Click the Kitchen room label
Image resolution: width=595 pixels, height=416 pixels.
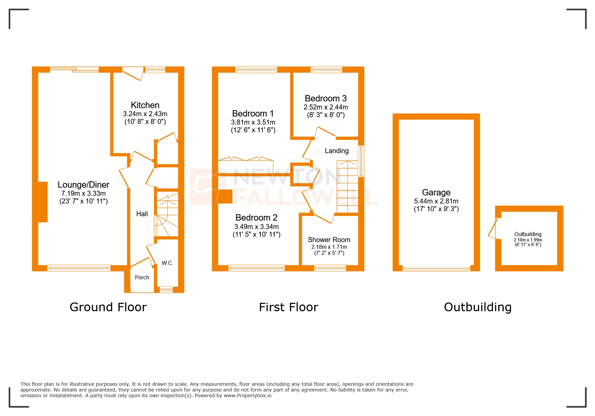click(145, 105)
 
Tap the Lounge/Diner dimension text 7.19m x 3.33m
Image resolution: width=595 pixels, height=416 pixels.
click(83, 193)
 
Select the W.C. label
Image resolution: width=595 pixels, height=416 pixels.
click(167, 263)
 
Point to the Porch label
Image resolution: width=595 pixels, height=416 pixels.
click(142, 277)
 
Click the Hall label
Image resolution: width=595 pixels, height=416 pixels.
click(142, 214)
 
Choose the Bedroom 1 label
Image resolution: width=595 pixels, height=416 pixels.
click(253, 113)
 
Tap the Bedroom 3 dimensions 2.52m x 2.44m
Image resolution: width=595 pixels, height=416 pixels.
click(326, 107)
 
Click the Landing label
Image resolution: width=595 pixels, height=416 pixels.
click(337, 151)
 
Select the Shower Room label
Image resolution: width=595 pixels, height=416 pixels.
click(329, 240)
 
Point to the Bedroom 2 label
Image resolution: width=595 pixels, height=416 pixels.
click(256, 218)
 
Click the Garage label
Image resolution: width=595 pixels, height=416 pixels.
click(436, 192)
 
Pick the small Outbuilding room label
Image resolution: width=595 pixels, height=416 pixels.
click(528, 234)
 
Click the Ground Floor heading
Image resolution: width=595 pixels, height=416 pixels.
click(108, 307)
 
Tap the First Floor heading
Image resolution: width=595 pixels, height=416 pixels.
click(288, 307)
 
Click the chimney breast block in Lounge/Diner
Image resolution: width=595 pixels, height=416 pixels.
click(43, 202)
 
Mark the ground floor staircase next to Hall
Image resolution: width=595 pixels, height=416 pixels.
click(166, 215)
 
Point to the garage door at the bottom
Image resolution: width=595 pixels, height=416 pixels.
click(436, 269)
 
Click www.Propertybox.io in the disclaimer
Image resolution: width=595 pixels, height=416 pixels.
click(248, 396)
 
